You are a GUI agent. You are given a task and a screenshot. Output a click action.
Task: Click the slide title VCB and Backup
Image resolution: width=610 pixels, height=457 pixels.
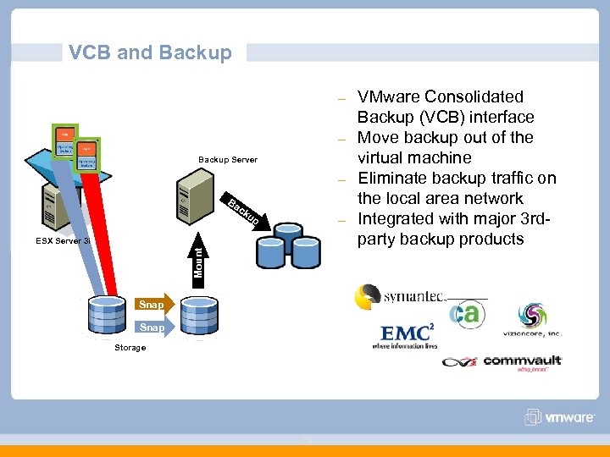click(150, 52)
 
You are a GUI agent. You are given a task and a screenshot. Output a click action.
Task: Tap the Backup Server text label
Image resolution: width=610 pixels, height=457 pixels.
click(227, 160)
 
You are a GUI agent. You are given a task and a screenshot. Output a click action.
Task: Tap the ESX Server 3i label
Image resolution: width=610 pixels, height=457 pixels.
click(63, 241)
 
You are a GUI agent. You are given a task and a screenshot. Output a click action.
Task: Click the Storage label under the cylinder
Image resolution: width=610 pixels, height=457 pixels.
click(130, 348)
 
